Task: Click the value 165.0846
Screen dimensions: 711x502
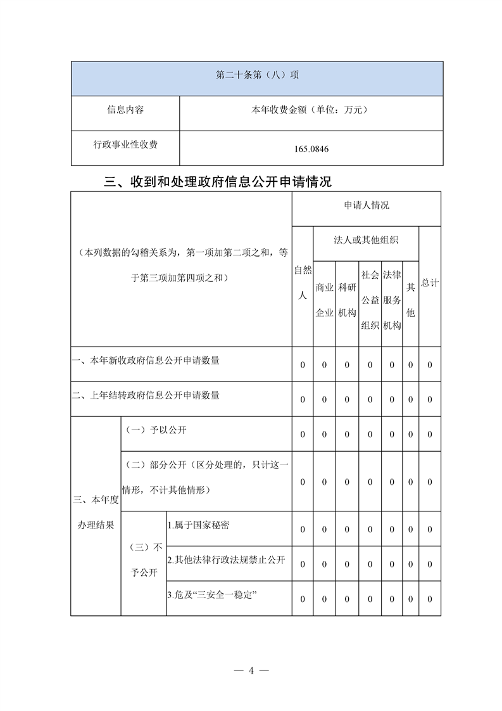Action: point(311,150)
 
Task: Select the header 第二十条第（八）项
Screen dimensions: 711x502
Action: point(257,75)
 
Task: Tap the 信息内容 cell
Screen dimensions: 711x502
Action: point(125,110)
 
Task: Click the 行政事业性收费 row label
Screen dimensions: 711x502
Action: point(125,145)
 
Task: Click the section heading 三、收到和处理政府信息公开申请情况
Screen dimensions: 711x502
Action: point(218,183)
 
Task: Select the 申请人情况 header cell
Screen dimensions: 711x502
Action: point(367,205)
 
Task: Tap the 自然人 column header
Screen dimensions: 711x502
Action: point(303,283)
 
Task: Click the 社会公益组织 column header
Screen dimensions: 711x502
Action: point(370,300)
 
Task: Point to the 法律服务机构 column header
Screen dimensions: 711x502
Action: point(392,300)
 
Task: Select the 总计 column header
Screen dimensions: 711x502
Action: point(429,283)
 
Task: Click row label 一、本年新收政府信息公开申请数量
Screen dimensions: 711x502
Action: point(146,361)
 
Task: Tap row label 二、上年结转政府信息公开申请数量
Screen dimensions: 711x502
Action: point(146,395)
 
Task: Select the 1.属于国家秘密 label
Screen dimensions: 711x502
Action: point(198,525)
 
